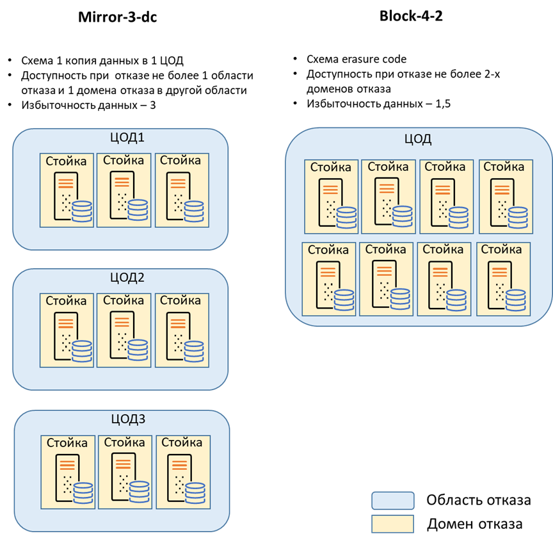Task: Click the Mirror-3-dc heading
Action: pos(117,17)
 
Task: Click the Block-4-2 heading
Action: pos(411,16)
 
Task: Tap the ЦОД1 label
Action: pos(127,137)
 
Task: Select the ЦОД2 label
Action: pos(127,277)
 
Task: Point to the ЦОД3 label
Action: pos(129,419)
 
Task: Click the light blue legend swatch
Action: pos(393,501)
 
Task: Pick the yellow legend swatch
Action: pos(393,524)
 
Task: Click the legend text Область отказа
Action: pos(479,500)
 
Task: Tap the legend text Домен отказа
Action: pos(475,524)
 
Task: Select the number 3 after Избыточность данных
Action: pos(153,105)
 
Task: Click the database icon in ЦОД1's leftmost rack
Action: pos(82,211)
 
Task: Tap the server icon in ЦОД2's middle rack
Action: pos(122,335)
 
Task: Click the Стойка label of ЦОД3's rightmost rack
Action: pos(182,442)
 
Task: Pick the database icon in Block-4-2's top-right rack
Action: pos(518,217)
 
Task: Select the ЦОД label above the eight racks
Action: pos(418,139)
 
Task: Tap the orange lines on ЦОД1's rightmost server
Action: pos(178,183)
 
